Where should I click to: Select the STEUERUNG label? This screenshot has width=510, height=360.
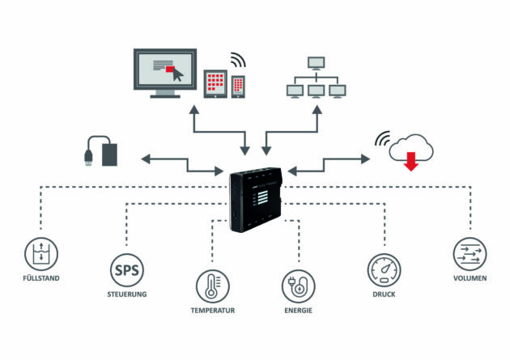pos(127,294)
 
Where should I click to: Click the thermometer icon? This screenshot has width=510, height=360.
pos(212,286)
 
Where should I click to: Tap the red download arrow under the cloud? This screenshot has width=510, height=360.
pos(410,161)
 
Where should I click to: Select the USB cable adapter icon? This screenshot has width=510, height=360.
pos(102,155)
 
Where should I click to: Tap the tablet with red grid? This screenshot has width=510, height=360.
pos(215,81)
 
